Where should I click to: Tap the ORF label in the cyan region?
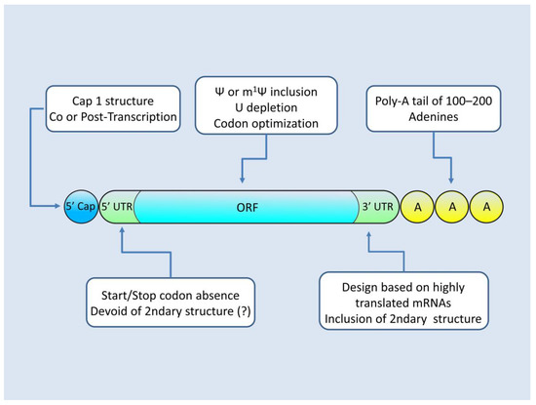(x=248, y=207)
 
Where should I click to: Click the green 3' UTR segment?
(x=374, y=207)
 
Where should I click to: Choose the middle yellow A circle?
(x=453, y=207)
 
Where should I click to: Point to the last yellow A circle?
(x=487, y=207)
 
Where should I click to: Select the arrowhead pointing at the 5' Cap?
(x=58, y=207)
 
